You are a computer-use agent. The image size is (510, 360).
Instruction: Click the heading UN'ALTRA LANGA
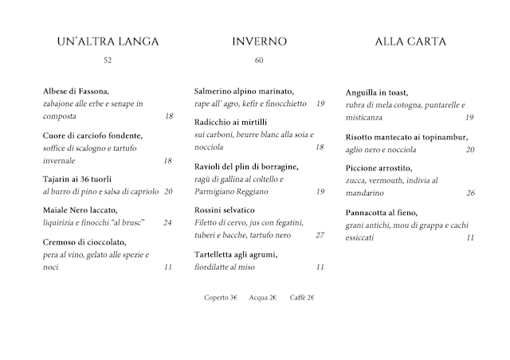[x=108, y=41]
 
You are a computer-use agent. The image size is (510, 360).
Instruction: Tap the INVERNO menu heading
[x=259, y=41]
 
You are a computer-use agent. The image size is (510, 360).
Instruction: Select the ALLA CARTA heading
[x=410, y=41]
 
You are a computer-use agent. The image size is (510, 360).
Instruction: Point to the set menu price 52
[x=108, y=61]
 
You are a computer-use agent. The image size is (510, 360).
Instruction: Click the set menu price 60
[x=259, y=61]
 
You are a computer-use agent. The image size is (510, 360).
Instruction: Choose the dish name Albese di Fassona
[x=76, y=92]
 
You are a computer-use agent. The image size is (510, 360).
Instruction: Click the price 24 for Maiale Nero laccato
[x=168, y=222]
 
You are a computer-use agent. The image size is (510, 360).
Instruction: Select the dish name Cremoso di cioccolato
[x=84, y=242]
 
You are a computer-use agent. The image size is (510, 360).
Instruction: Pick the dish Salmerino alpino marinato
[x=245, y=92]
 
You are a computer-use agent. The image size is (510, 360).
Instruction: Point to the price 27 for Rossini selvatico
[x=320, y=235]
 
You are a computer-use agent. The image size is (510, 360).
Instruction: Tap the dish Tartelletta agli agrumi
[x=236, y=255]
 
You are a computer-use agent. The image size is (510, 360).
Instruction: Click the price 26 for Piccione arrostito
[x=470, y=193]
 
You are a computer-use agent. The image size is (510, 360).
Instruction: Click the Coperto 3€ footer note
[x=222, y=297]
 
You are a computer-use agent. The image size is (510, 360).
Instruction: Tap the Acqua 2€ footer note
[x=263, y=297]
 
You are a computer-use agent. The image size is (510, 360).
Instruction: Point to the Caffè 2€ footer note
[x=302, y=297]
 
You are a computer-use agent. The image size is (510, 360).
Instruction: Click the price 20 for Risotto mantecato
[x=470, y=149]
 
